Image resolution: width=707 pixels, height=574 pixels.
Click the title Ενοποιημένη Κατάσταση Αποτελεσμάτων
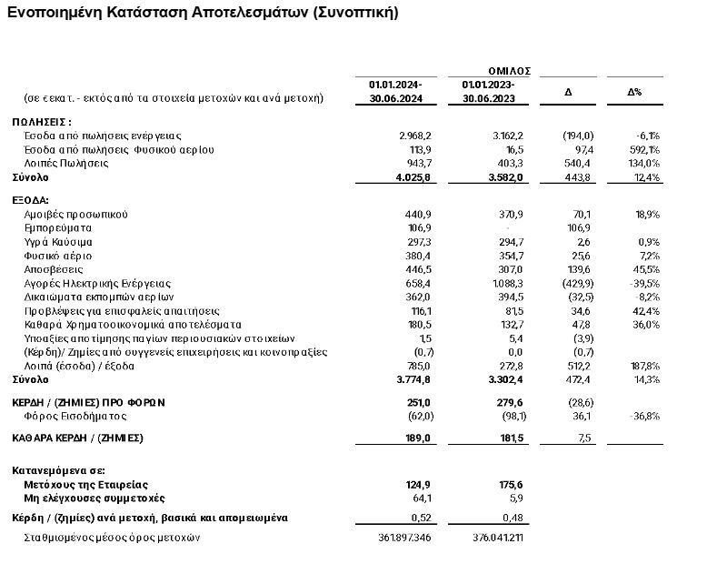202,13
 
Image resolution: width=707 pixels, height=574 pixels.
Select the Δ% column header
634,92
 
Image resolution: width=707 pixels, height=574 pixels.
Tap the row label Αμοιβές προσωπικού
76,214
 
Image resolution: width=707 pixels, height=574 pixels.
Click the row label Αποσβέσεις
54,269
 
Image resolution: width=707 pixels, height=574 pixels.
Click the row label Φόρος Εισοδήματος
72,416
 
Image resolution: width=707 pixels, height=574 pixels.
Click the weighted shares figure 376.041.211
494,538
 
